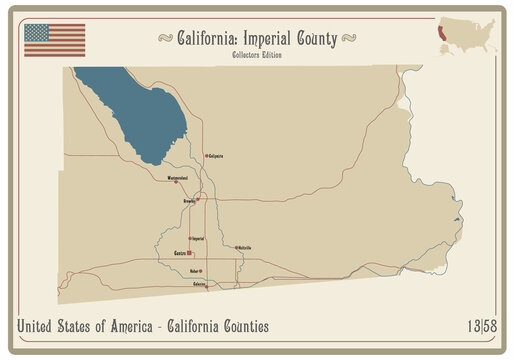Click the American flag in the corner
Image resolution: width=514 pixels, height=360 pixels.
point(55,39)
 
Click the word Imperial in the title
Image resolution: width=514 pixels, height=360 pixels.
point(263,38)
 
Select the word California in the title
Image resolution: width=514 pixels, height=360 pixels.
point(205,38)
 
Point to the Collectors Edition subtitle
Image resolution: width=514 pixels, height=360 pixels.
point(256,54)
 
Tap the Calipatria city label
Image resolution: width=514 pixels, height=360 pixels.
point(216,156)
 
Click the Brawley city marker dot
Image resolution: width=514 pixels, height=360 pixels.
point(198,200)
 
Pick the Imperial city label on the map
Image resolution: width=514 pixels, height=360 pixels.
point(198,239)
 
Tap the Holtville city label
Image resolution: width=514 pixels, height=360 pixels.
point(244,247)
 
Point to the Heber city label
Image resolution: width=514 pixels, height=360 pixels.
point(193,271)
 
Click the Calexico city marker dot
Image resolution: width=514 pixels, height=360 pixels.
point(208,286)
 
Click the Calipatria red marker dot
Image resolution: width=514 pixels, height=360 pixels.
point(206,156)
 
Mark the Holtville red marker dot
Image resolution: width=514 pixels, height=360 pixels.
point(235,247)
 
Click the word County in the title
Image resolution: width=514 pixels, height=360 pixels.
point(317,38)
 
